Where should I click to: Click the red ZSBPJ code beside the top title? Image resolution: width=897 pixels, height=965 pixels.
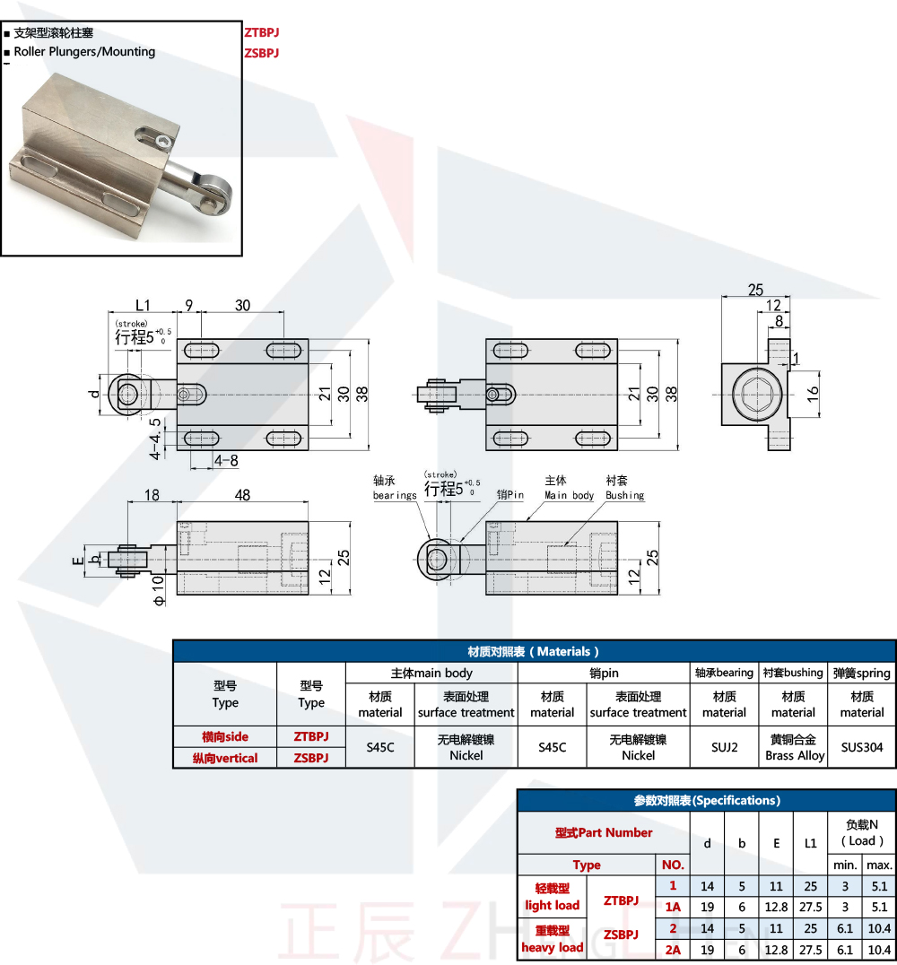pos(261,53)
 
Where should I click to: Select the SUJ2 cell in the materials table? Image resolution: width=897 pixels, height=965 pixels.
pos(724,746)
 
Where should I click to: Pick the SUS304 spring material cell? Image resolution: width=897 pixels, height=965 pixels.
pos(861,746)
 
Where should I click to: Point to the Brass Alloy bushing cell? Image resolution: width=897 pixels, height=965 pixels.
pos(794,747)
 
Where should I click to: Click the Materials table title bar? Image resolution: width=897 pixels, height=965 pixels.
pos(534,651)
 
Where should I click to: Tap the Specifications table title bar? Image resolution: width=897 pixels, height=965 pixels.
pos(706,800)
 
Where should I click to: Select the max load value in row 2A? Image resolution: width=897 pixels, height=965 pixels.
pos(879,949)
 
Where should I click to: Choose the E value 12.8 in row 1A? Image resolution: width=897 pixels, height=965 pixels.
pos(776,907)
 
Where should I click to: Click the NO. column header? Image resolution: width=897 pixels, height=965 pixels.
pos(673,865)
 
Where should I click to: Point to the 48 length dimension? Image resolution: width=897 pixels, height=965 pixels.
pos(241,495)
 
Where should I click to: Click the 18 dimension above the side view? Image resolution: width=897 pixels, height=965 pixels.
pos(152,495)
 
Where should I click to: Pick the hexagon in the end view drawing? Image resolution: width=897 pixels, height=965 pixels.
pos(754,395)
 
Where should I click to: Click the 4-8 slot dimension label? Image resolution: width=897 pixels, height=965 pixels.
pos(226,460)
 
